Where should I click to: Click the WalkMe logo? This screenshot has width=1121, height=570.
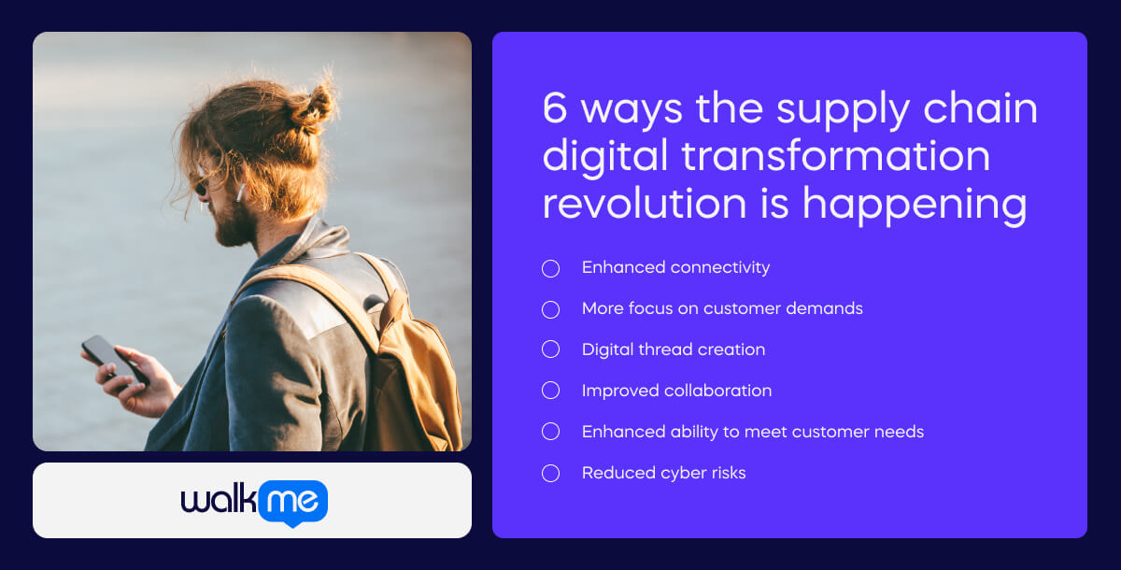tap(254, 503)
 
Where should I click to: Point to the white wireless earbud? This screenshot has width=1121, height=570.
tap(240, 193)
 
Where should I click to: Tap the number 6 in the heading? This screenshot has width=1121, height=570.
tap(555, 110)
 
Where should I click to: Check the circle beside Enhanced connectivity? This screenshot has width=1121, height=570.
tap(551, 268)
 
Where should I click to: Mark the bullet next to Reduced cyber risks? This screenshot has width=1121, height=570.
tap(551, 474)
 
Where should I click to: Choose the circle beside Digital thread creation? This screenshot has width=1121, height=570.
tap(551, 350)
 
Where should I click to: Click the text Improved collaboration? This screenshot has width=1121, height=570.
tap(676, 391)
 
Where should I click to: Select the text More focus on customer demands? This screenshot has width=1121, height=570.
tap(722, 308)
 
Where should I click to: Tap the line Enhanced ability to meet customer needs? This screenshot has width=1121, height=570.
tap(752, 432)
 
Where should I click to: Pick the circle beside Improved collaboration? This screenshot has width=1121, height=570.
tap(551, 392)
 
